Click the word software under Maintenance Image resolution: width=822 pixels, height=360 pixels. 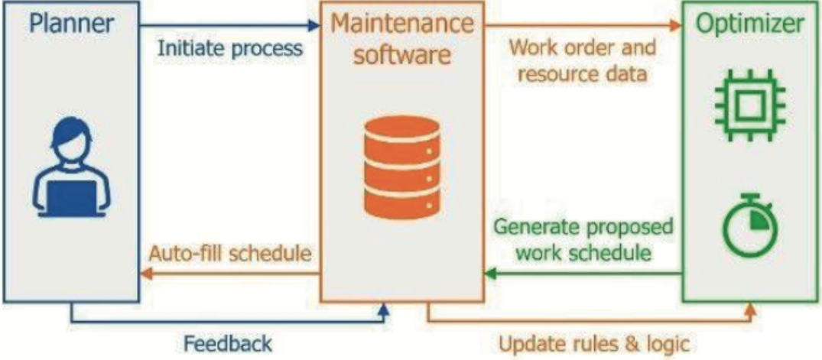pos(401,56)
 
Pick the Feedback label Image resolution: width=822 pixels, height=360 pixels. pos(227,344)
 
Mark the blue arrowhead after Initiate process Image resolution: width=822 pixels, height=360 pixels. pos(313,25)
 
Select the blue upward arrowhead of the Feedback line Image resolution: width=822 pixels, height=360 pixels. pos(384,311)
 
